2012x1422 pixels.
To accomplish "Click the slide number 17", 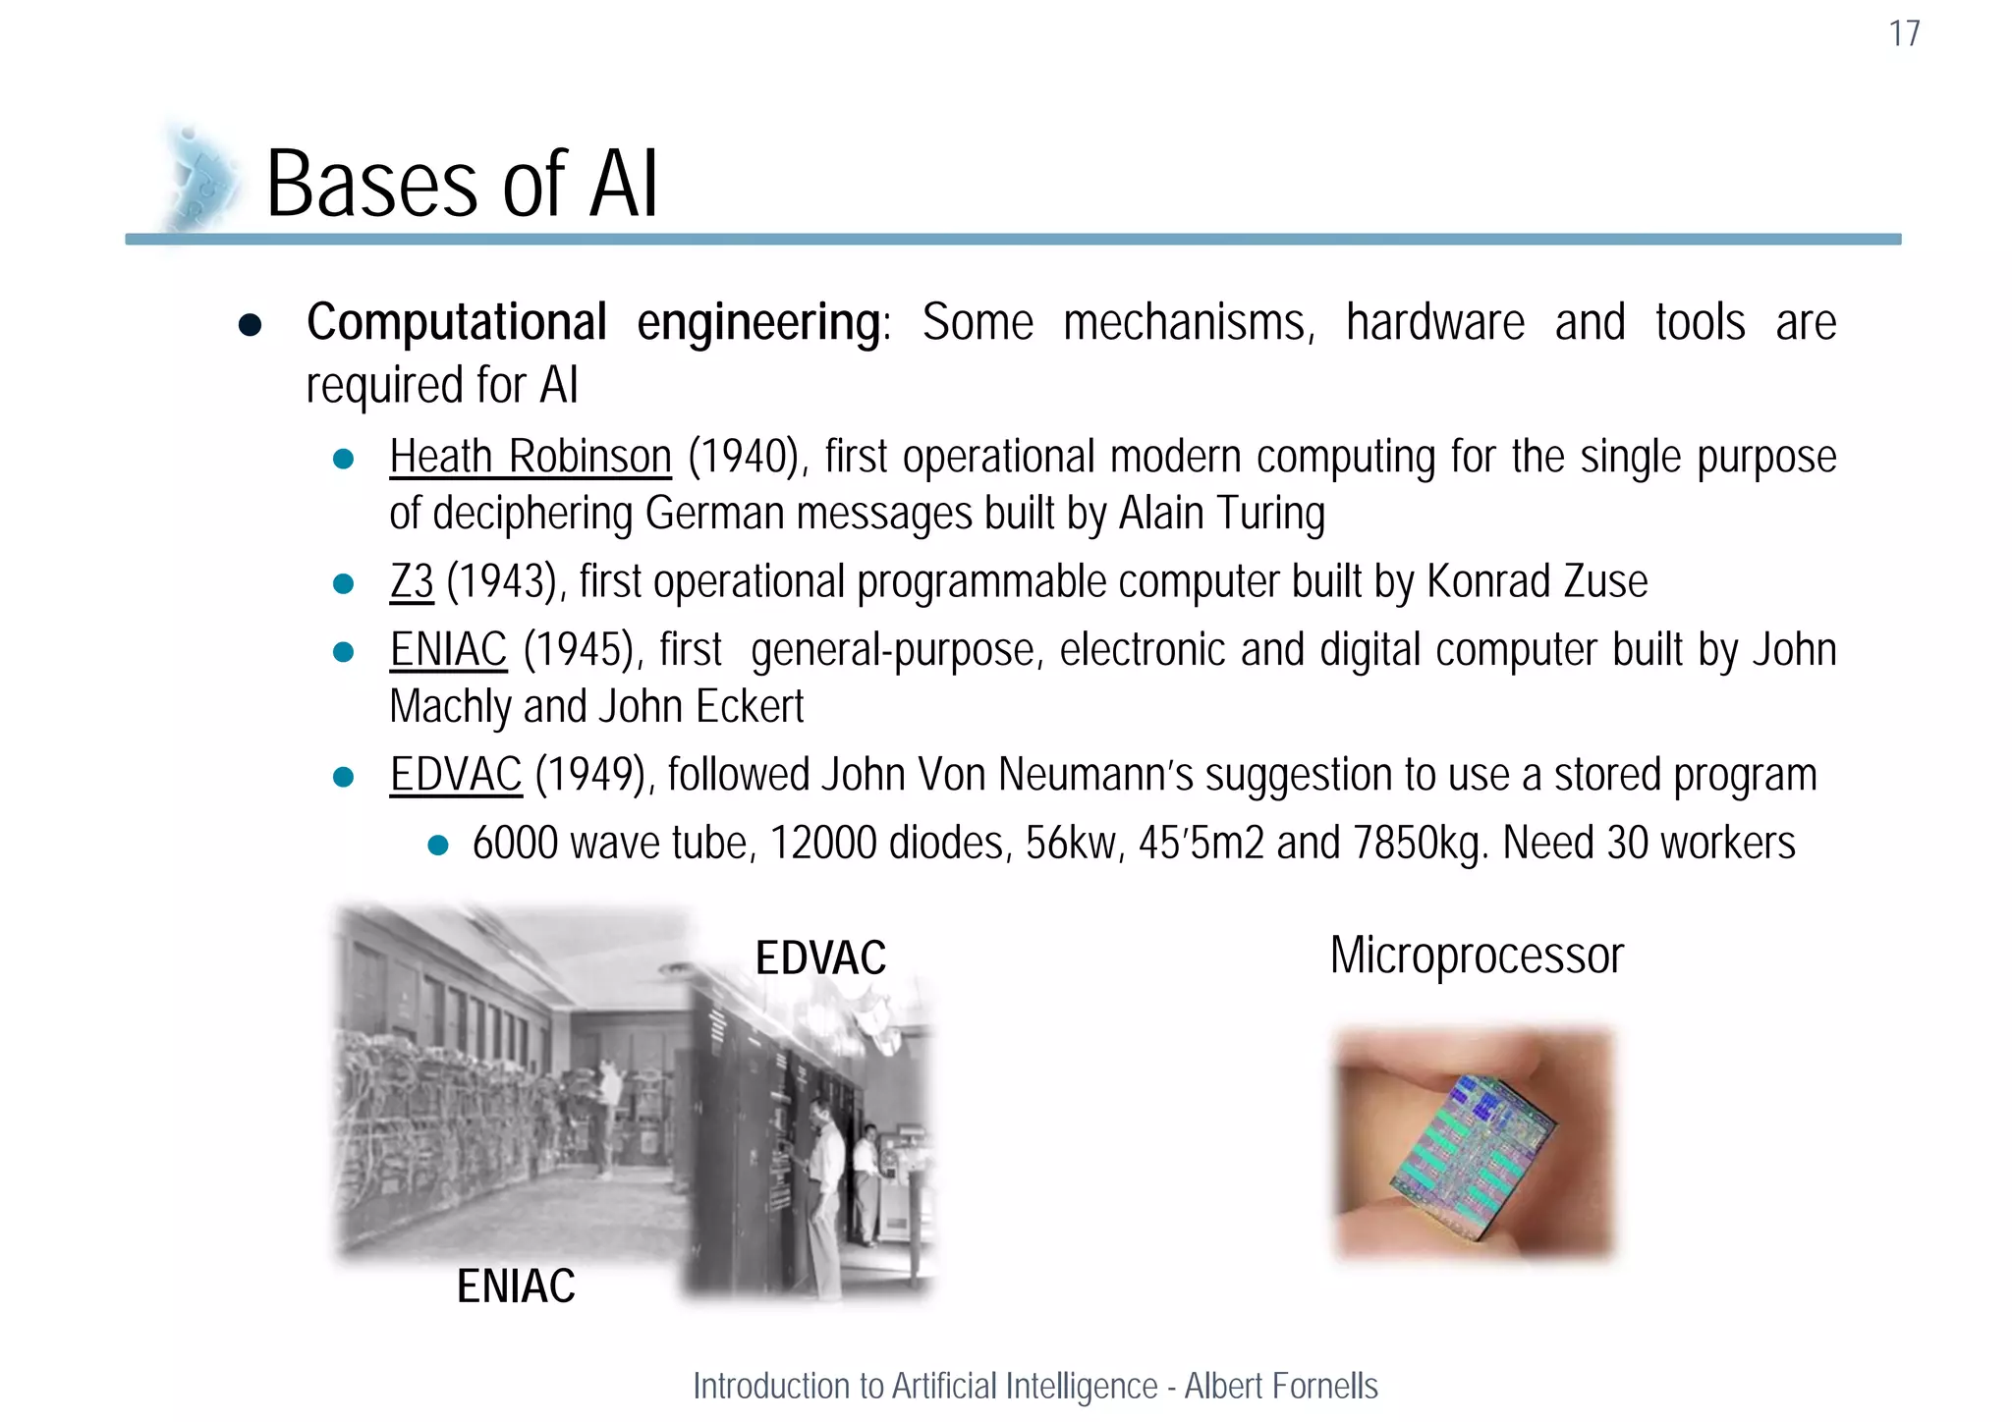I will [x=1904, y=34].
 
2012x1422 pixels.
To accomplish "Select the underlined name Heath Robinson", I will [x=531, y=458].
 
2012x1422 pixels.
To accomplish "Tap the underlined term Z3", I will [x=412, y=582].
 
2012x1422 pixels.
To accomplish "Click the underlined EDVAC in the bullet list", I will [x=456, y=775].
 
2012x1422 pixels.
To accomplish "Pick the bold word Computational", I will [x=457, y=322].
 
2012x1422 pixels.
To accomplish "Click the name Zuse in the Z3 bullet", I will [x=1605, y=582].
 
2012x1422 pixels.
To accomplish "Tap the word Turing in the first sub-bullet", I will [x=1271, y=514].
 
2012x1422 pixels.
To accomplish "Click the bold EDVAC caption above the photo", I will [x=820, y=957].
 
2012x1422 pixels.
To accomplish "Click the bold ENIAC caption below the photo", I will [x=516, y=1286].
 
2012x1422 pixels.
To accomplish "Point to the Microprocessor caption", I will [x=1477, y=956].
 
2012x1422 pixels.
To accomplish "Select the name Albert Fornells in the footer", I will [x=1281, y=1387].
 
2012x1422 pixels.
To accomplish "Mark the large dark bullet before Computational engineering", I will [x=251, y=325].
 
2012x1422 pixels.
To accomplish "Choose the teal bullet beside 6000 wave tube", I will [x=438, y=845].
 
